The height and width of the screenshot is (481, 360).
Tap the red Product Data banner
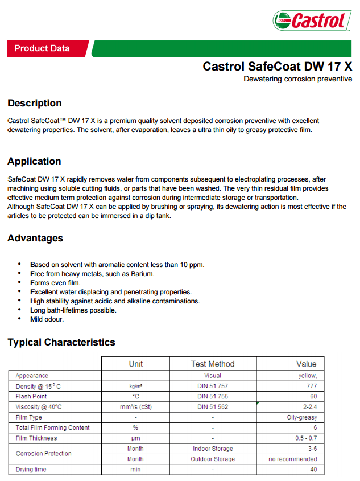coord(42,49)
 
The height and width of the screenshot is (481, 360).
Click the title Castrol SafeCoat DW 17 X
coord(277,66)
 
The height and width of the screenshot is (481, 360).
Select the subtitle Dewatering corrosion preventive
coord(297,79)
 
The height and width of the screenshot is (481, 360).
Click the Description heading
coord(35,103)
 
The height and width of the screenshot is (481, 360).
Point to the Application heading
coord(34,161)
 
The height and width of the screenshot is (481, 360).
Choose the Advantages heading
coord(35,238)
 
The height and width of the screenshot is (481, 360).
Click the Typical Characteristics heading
coord(61,342)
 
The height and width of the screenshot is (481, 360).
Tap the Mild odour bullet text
coord(47,319)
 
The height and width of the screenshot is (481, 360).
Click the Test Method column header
coord(213,364)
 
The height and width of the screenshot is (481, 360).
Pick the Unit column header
coord(136,364)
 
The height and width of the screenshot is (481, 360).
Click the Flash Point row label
coord(31,396)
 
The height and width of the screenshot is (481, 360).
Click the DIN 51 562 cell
coord(213,406)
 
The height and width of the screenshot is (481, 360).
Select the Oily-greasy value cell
coord(302,417)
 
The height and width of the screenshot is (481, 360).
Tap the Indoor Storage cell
coord(213,449)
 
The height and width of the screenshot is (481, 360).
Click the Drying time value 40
coord(313,470)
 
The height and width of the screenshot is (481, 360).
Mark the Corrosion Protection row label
coord(44,454)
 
